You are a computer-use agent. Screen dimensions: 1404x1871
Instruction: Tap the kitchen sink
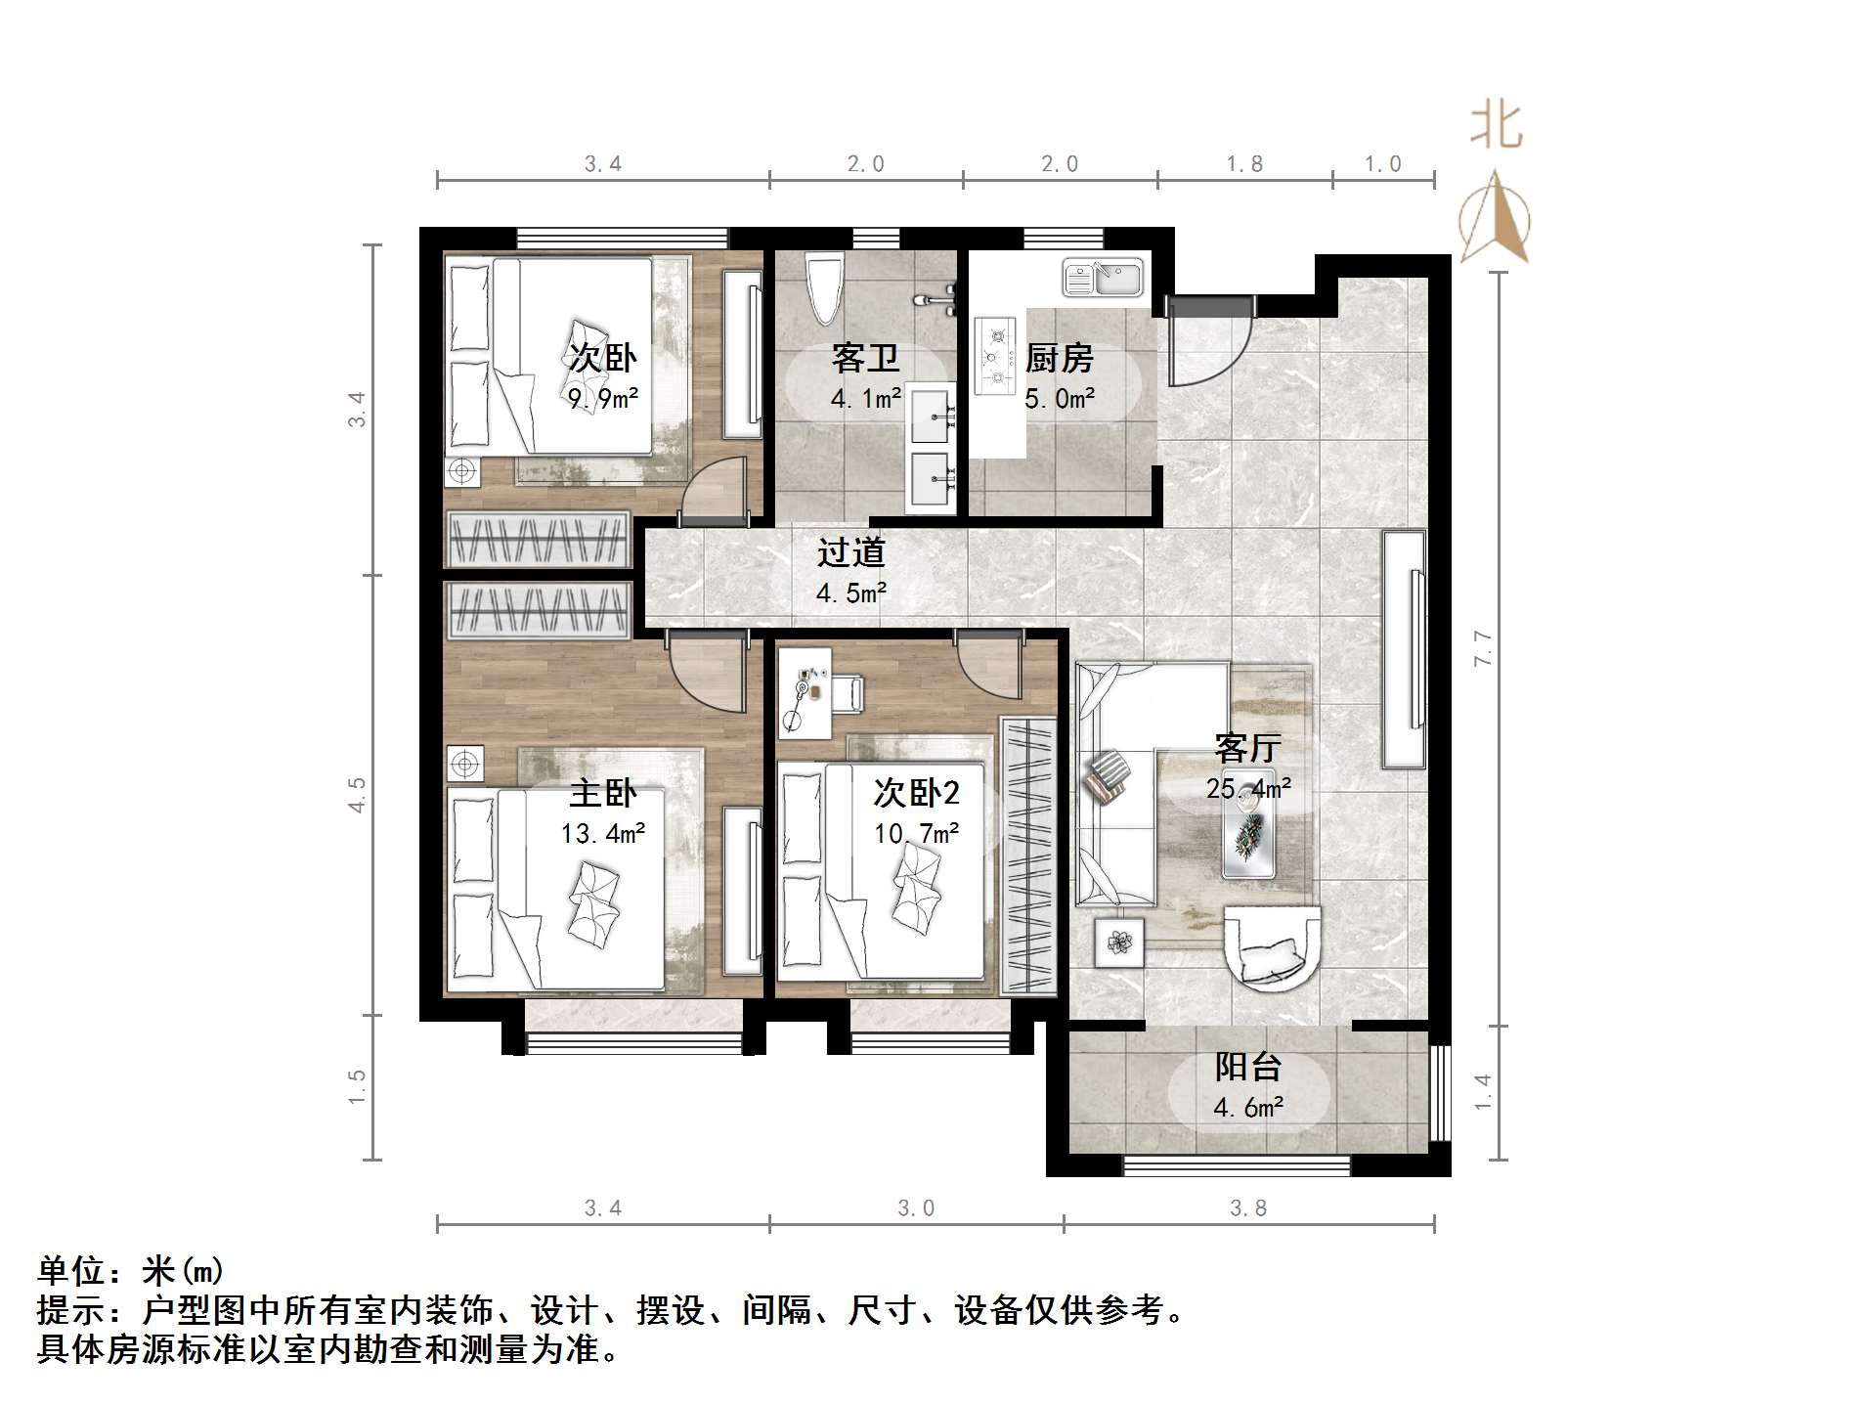[x=1103, y=279]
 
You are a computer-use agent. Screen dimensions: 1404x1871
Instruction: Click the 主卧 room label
[x=603, y=793]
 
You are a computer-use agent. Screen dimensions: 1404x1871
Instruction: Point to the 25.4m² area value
[x=1248, y=788]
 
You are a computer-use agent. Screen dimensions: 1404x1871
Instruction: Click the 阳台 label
[x=1248, y=1067]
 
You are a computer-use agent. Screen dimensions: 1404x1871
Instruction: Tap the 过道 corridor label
[x=851, y=552]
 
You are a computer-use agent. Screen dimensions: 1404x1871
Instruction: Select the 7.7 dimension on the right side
[x=1483, y=648]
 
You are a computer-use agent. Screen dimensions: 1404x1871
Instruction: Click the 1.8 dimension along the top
[x=1244, y=164]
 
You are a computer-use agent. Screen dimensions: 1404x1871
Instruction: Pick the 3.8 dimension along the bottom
[x=1248, y=1208]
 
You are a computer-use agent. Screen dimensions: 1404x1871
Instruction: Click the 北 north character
[x=1496, y=127]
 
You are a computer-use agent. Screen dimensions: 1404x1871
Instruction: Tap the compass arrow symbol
[x=1494, y=220]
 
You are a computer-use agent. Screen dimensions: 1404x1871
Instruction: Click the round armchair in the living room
[x=1271, y=947]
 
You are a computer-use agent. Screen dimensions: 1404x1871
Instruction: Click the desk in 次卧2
[x=804, y=692]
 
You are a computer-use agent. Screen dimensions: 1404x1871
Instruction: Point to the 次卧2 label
[x=916, y=793]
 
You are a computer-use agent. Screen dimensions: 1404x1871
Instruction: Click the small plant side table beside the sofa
[x=1118, y=943]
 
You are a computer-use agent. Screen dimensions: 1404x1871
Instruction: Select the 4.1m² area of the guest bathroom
[x=865, y=399]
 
